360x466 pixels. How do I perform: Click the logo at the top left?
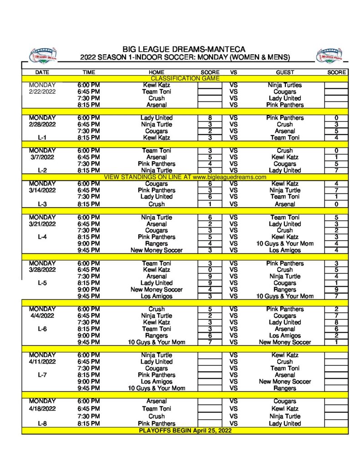[x=43, y=55]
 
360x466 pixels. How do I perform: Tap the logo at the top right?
[x=330, y=55]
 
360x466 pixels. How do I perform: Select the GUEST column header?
[x=285, y=72]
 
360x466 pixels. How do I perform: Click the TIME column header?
[x=89, y=72]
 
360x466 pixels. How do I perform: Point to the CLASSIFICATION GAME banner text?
[x=185, y=79]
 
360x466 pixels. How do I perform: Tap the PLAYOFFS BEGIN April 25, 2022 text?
[x=185, y=431]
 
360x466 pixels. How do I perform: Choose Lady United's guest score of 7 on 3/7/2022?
[x=336, y=170]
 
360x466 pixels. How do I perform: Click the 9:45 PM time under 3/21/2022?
[x=89, y=250]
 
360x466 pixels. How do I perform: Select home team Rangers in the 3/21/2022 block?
[x=157, y=243]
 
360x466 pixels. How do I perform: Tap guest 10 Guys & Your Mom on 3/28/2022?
[x=285, y=296]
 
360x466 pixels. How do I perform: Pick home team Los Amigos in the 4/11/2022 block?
[x=157, y=382]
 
